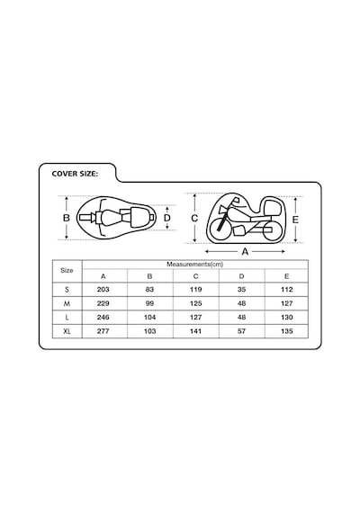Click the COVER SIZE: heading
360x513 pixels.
coord(75,174)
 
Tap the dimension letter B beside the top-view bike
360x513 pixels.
coord(67,218)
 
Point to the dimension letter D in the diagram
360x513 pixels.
coord(166,218)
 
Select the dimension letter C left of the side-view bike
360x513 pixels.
coord(194,218)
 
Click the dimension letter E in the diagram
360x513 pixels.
coord(295,220)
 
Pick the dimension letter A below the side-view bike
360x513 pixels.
coord(245,252)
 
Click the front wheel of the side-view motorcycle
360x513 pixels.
coord(220,229)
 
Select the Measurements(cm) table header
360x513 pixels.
coord(195,265)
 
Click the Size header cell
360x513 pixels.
coord(67,270)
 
